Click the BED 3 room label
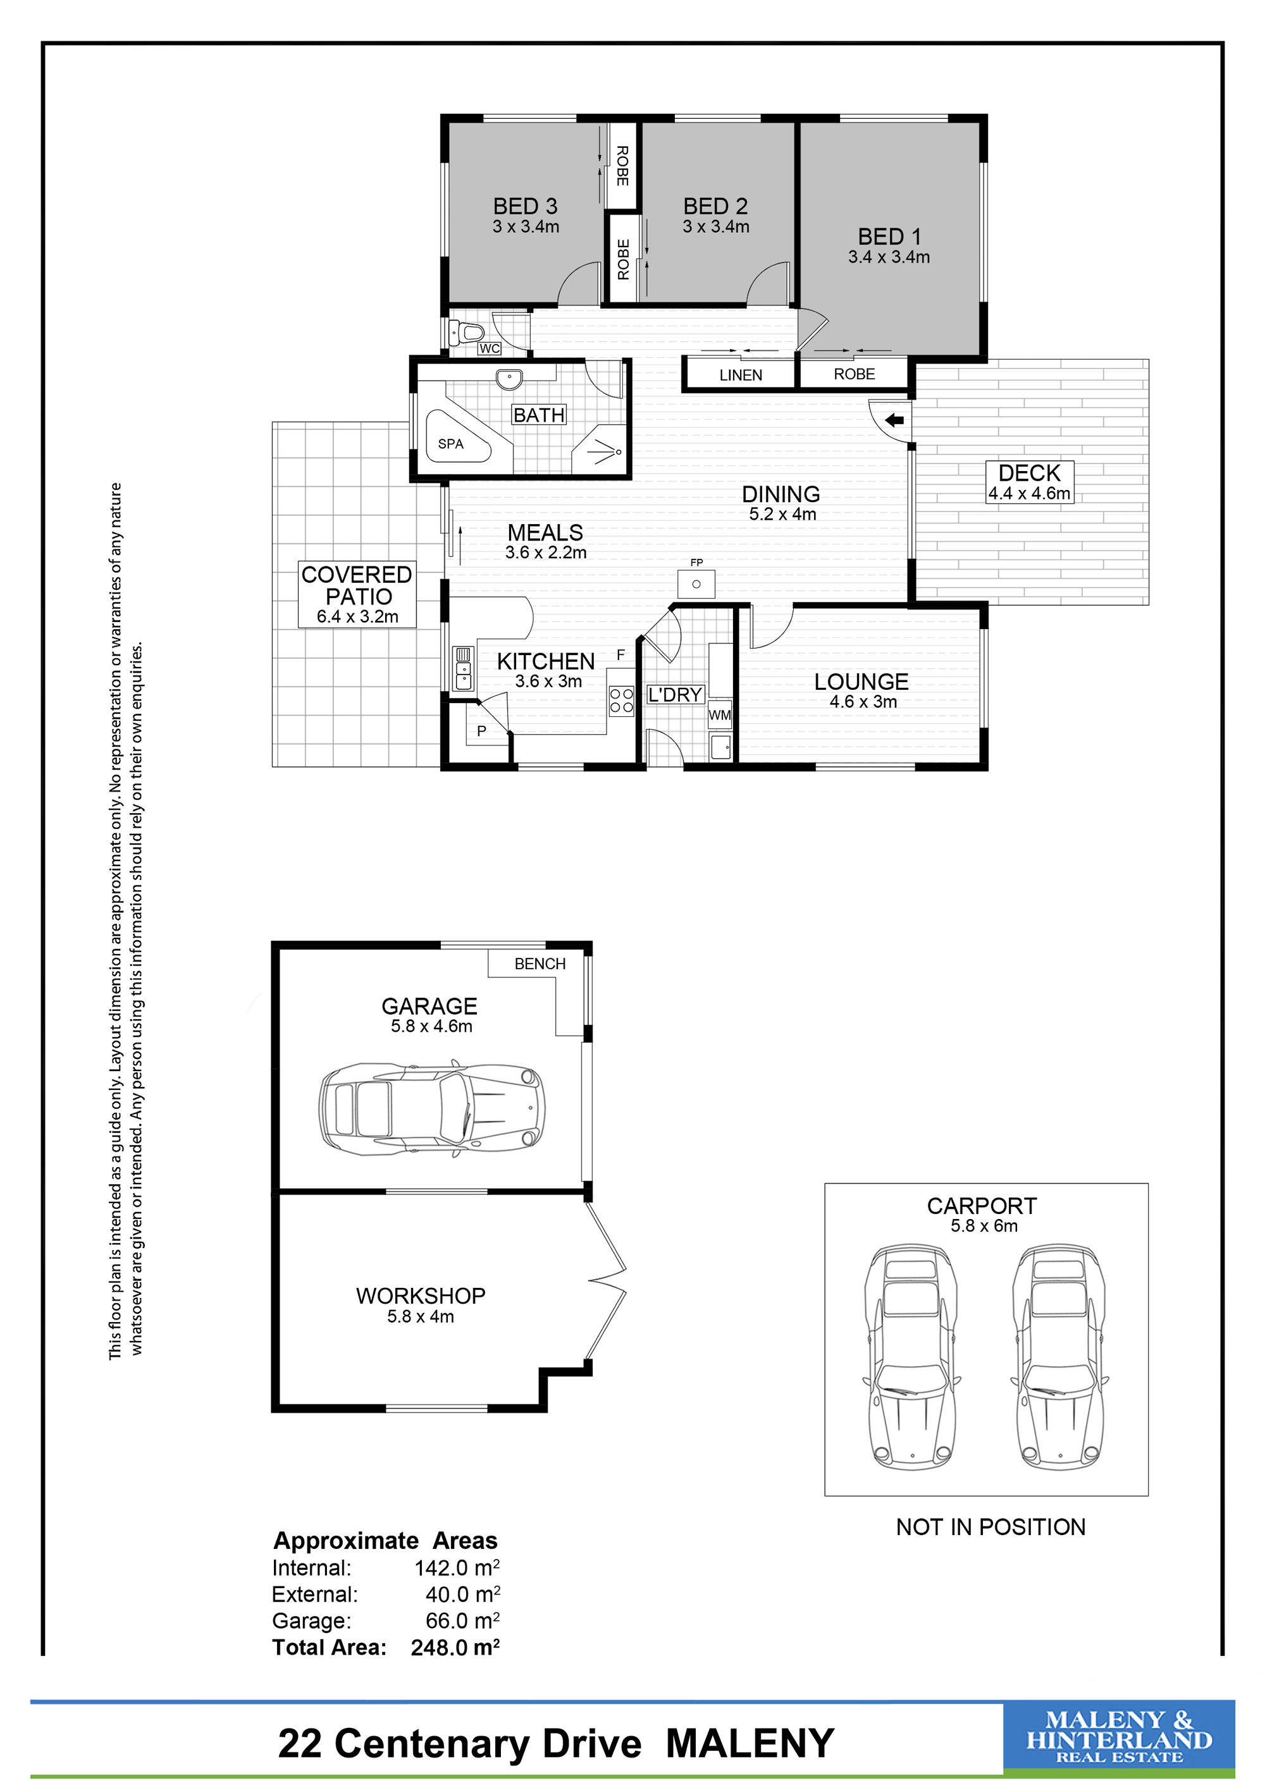[525, 206]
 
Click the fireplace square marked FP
[696, 584]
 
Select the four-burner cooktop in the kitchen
[621, 700]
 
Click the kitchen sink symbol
[463, 668]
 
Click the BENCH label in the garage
[540, 964]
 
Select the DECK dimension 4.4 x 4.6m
[1029, 494]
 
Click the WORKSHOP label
[421, 1296]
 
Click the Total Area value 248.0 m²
[455, 1647]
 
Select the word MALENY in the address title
[750, 1744]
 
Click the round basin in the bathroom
[509, 380]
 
